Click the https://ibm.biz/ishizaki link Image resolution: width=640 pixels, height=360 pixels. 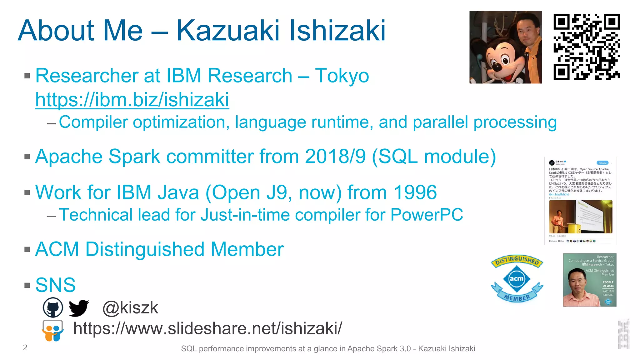click(x=132, y=100)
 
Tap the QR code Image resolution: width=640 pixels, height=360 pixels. click(x=587, y=47)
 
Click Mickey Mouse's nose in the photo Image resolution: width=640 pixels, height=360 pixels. click(x=496, y=66)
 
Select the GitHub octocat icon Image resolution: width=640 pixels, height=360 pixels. click(x=53, y=307)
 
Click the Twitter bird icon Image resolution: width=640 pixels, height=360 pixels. click(x=78, y=308)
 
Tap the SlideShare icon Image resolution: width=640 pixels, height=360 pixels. click(x=52, y=331)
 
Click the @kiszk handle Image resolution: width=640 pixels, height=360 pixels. click(x=130, y=308)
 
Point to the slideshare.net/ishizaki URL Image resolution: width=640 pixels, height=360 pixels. click(x=207, y=328)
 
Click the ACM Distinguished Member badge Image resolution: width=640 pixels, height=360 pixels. click(x=517, y=278)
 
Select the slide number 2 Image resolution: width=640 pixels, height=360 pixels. click(x=25, y=347)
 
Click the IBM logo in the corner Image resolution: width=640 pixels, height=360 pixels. click(x=623, y=334)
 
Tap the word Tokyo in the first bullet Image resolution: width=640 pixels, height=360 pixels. click(x=342, y=76)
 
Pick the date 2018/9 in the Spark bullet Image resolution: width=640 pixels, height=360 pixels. click(x=335, y=156)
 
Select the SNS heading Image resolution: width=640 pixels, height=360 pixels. click(x=55, y=285)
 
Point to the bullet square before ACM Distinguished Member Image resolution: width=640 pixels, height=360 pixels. click(x=27, y=249)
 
